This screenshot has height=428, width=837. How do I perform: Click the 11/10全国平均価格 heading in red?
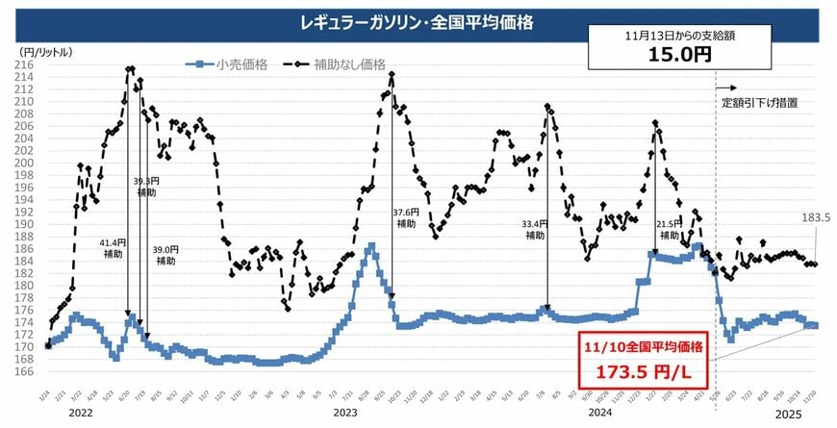[x=642, y=345]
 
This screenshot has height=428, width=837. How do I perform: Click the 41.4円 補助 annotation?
[x=113, y=249]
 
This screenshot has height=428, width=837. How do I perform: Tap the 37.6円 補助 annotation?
[x=406, y=217]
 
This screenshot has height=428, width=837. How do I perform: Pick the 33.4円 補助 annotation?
[x=534, y=229]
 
